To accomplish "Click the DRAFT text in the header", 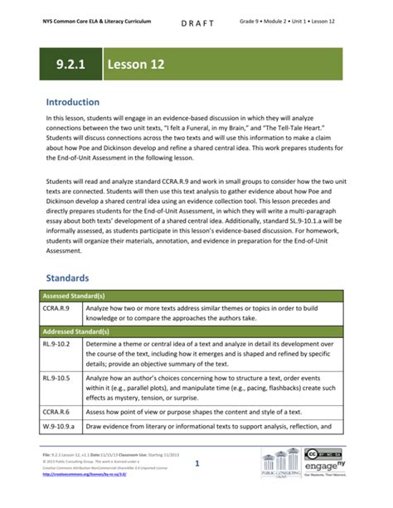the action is [196, 23].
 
